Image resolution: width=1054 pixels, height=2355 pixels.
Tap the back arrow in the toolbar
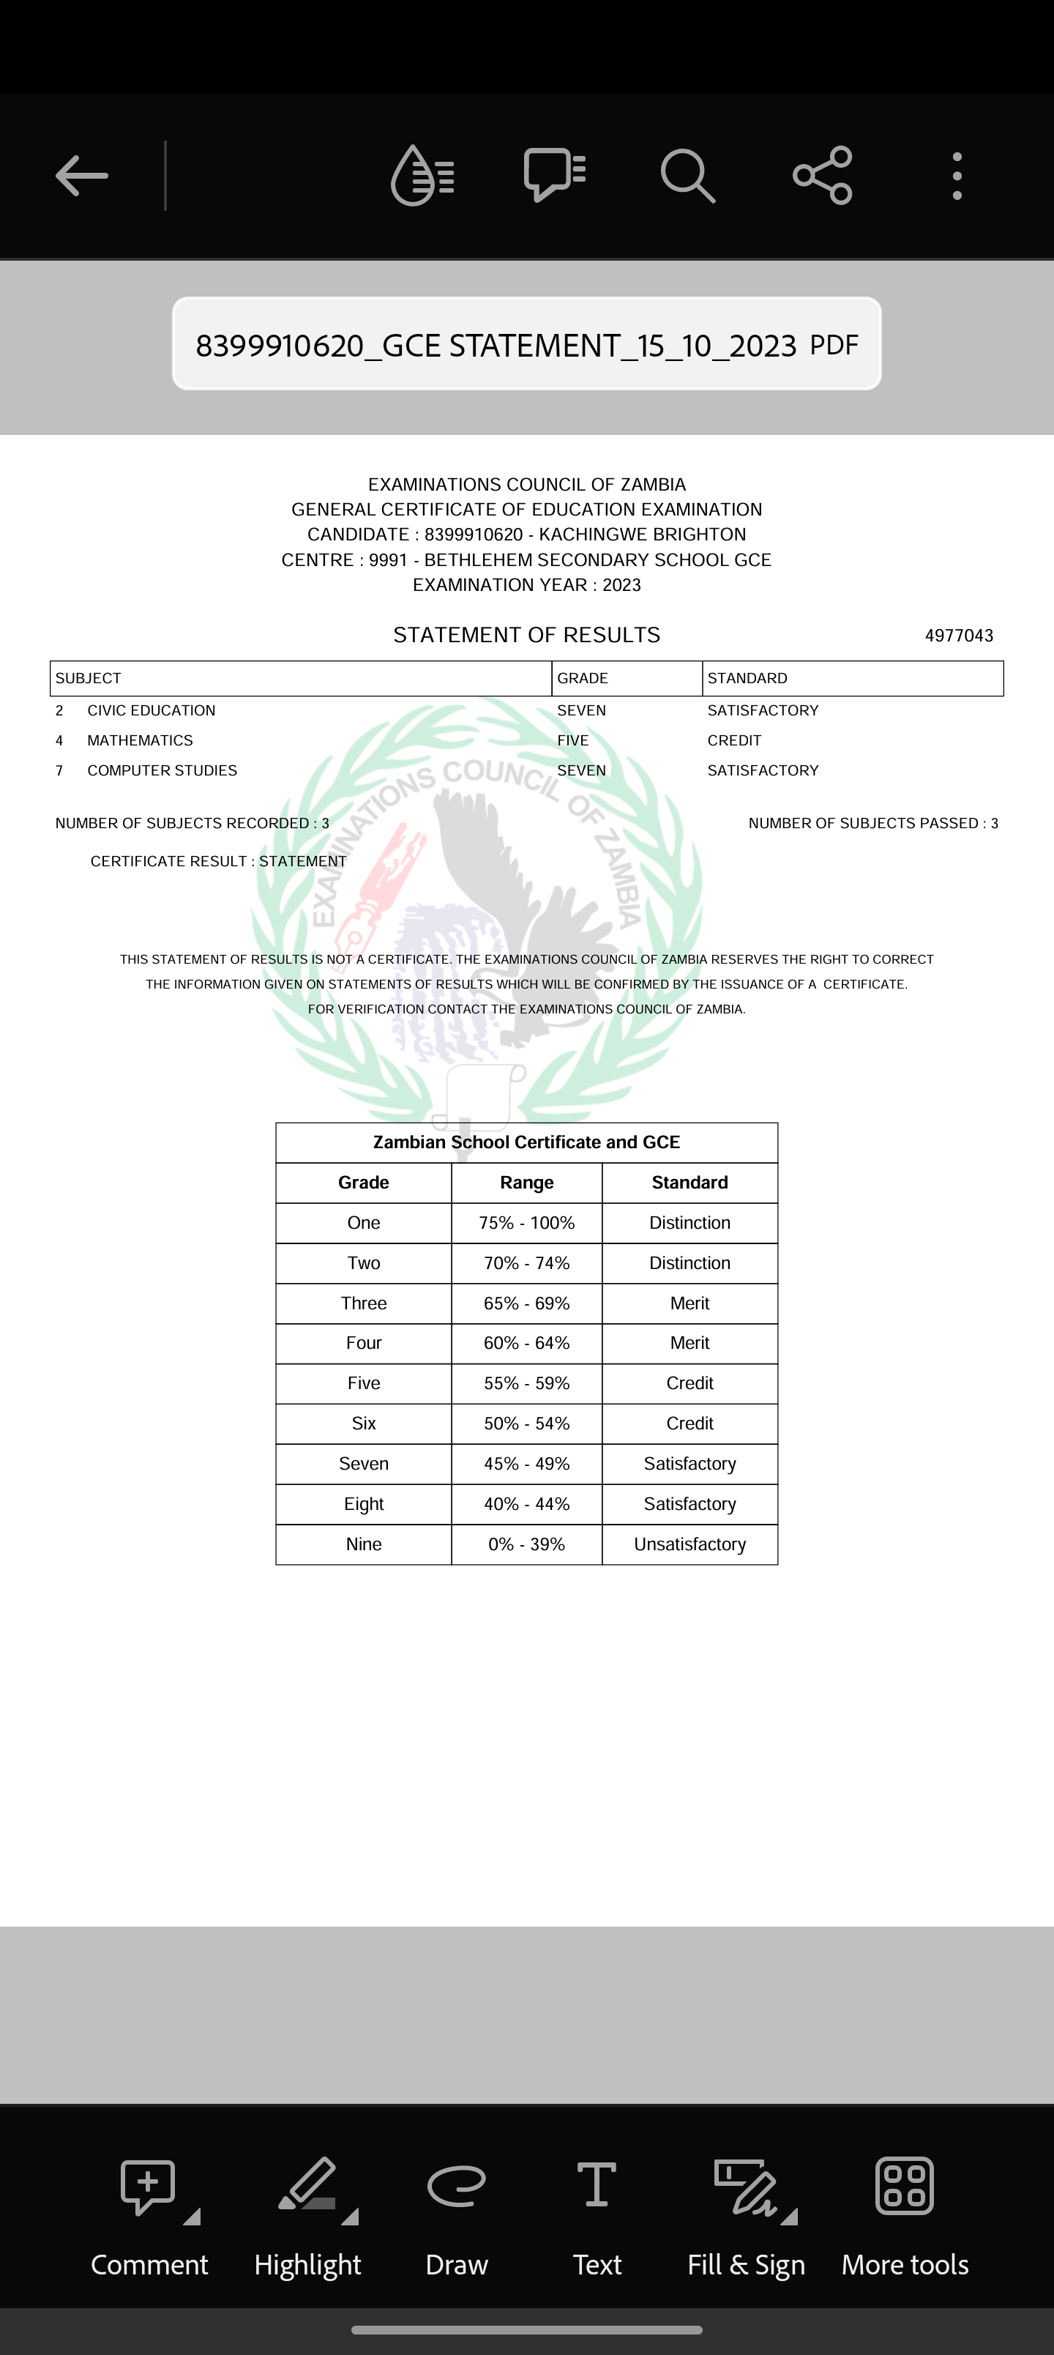81,176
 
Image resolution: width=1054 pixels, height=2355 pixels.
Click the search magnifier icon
687,176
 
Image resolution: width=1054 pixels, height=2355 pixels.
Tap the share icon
823,176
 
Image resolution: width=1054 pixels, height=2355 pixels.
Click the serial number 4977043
959,636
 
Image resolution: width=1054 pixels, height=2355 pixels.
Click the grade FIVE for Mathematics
573,740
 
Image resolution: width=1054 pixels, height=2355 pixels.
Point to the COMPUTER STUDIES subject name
162,770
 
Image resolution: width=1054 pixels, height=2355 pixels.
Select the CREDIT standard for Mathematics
734,740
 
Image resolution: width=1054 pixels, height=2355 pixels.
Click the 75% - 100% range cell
526,1223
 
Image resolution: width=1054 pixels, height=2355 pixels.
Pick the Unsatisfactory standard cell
689,1544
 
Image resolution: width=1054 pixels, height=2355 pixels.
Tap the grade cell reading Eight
364,1504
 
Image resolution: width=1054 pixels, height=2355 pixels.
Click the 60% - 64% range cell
526,1343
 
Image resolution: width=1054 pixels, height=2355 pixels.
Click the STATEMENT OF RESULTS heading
526,636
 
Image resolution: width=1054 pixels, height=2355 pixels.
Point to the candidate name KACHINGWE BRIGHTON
643,535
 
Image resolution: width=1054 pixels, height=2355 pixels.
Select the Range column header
526,1183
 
